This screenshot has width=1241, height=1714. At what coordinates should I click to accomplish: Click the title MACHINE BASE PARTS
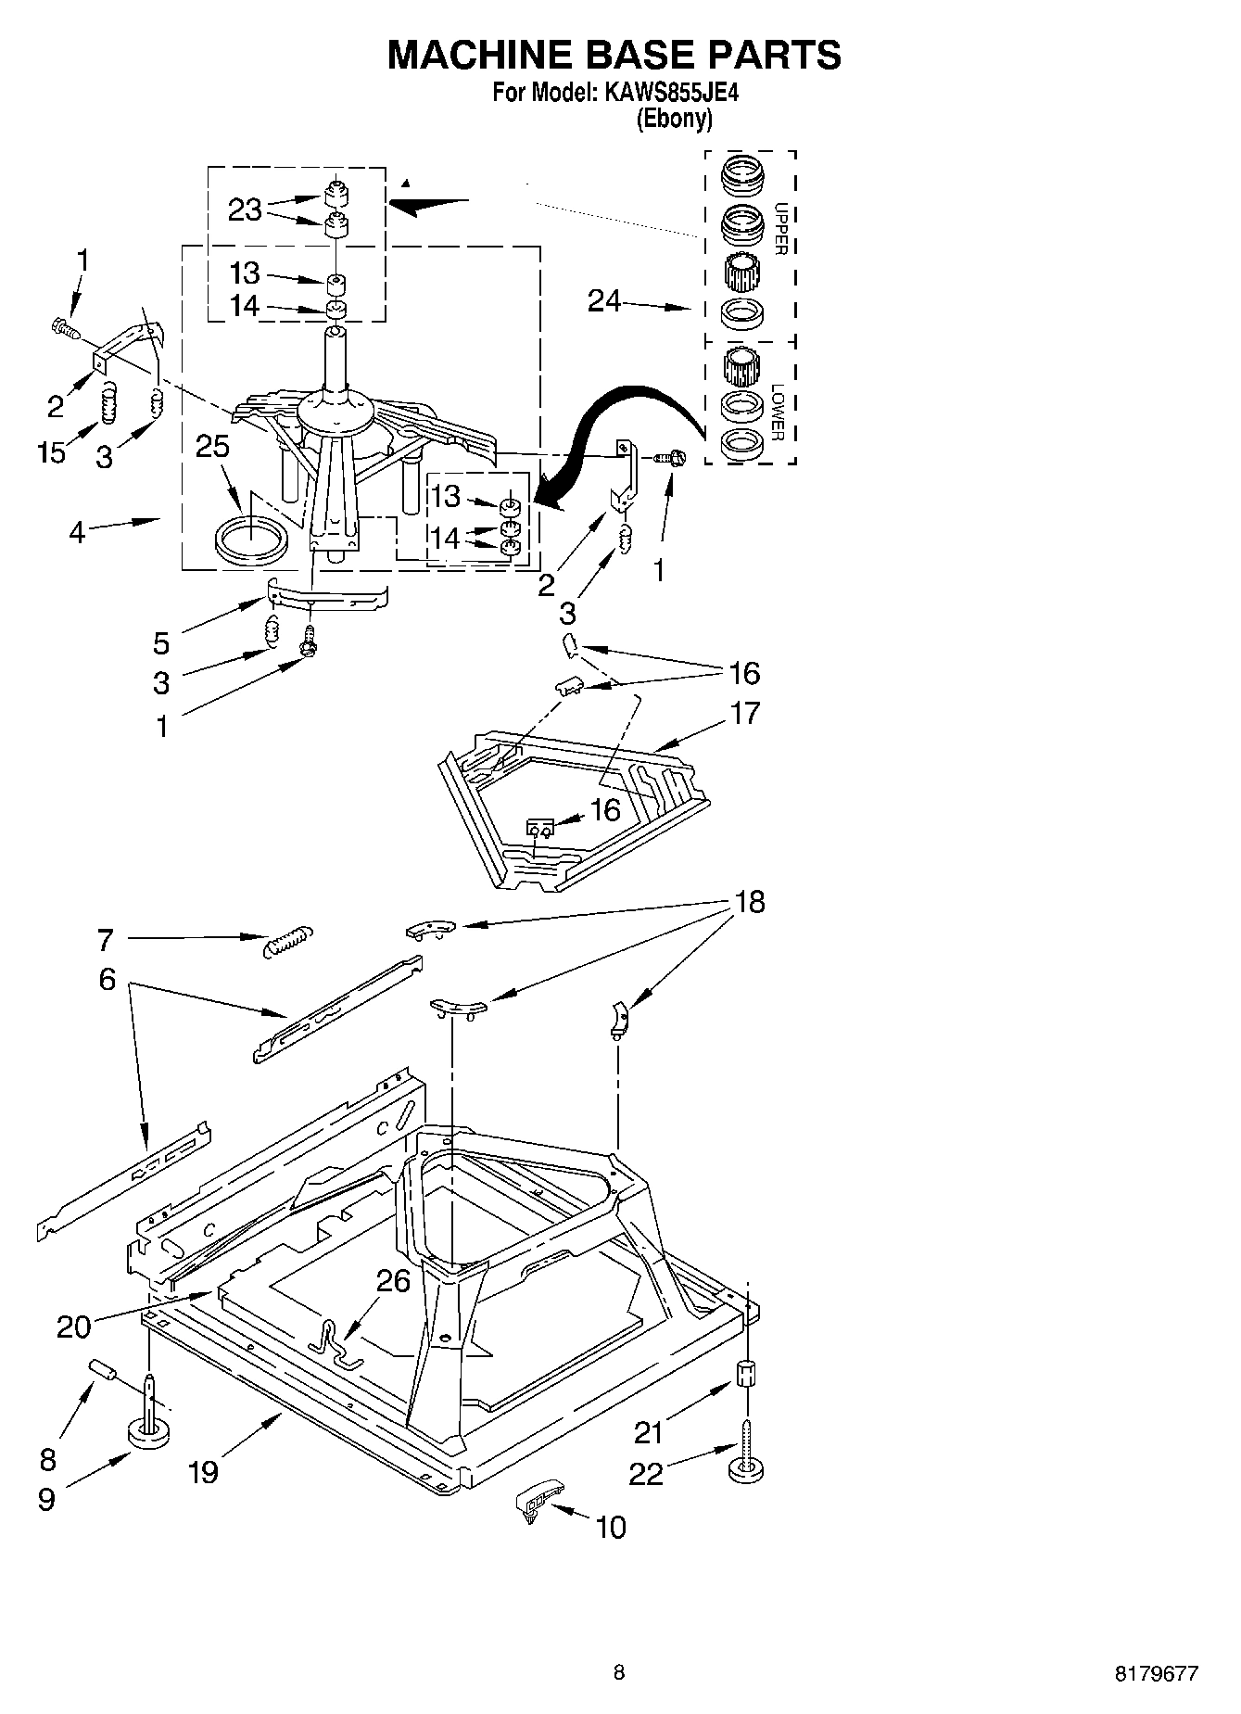click(614, 56)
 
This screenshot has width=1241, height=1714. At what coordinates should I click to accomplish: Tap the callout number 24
click(604, 301)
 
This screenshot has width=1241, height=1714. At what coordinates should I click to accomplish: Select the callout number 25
click(212, 447)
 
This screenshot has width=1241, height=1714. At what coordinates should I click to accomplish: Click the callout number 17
click(744, 713)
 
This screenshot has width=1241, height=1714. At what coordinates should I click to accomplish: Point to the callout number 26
click(393, 1281)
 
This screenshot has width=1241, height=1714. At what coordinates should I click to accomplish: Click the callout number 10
click(611, 1527)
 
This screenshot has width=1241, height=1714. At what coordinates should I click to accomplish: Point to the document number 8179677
click(1156, 1673)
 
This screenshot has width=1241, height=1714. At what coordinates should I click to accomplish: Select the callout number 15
click(52, 452)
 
